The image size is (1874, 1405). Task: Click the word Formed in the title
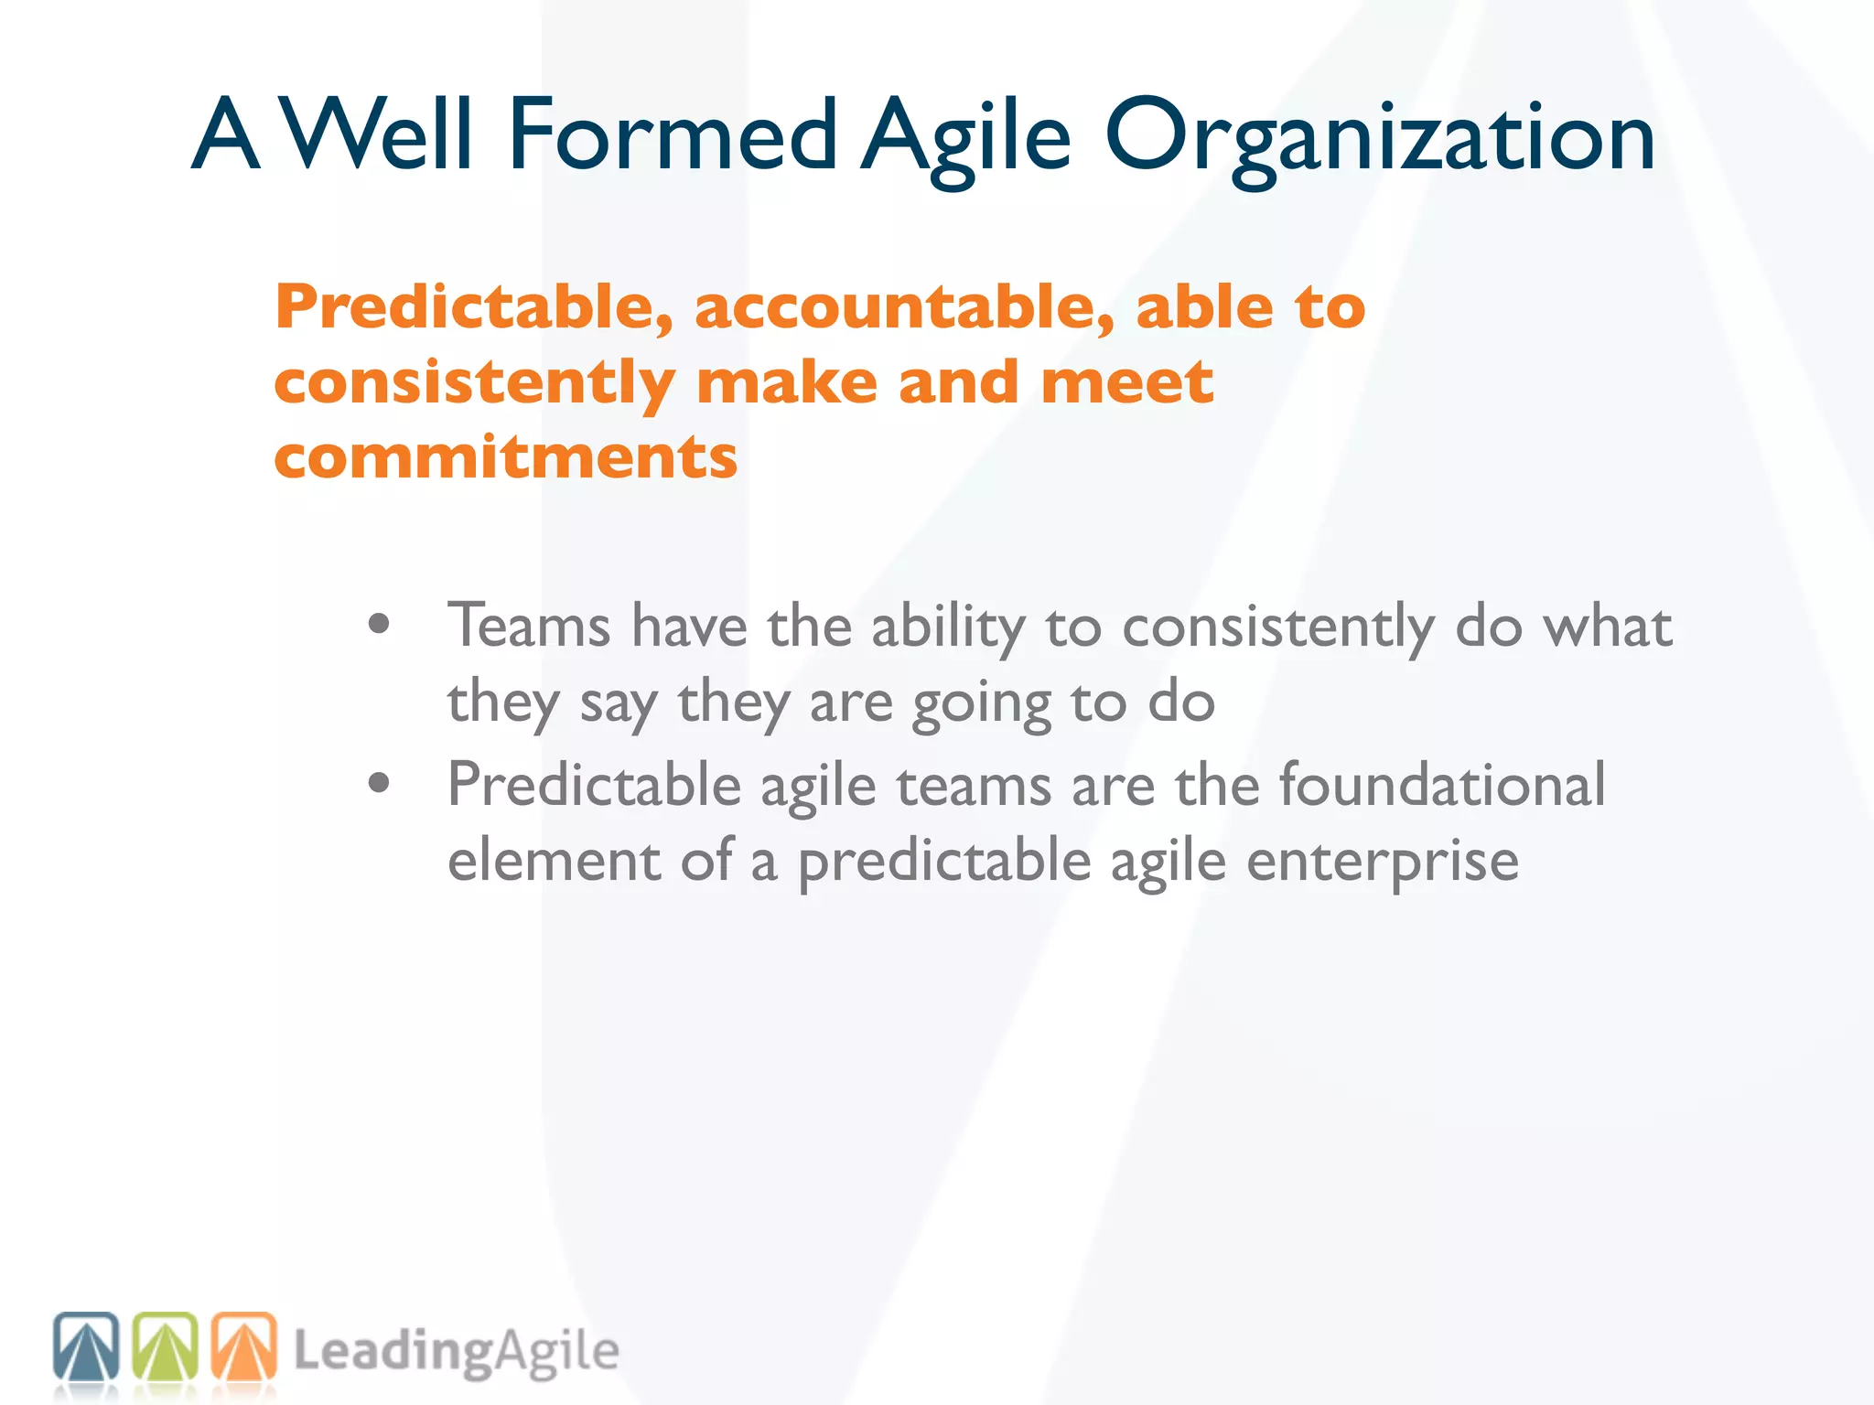[x=673, y=135]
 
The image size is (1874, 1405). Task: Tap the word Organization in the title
[x=1381, y=137]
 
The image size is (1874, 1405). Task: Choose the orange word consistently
[x=474, y=383]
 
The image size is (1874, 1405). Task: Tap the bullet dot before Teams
[x=379, y=625]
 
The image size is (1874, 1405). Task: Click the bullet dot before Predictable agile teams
[x=379, y=783]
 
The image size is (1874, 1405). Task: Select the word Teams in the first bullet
[x=529, y=627]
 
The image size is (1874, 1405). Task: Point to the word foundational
[x=1441, y=785]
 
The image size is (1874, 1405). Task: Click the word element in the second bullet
[x=554, y=861]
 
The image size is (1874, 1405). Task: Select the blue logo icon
[x=86, y=1346]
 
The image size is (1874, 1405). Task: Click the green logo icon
[x=165, y=1346]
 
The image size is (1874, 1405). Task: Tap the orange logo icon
[x=243, y=1346]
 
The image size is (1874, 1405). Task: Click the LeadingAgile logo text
[x=456, y=1352]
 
